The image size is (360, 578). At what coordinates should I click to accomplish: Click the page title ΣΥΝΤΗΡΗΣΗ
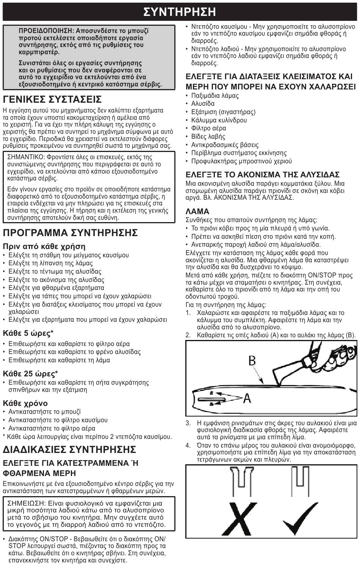[x=180, y=11]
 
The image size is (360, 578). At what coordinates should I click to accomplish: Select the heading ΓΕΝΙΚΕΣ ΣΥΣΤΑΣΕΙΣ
[x=52, y=99]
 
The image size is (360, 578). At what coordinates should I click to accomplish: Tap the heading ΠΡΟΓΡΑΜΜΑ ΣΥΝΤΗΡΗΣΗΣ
[x=70, y=232]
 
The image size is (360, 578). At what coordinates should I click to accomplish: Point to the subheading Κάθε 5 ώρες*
[x=28, y=333]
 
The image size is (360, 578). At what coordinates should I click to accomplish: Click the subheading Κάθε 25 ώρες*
[x=30, y=374]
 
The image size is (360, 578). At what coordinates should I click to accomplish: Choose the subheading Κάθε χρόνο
[x=25, y=403]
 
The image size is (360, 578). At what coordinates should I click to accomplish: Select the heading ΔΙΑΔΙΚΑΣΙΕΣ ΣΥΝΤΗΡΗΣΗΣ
[x=69, y=450]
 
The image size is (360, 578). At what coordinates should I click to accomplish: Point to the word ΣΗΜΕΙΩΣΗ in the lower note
[x=25, y=503]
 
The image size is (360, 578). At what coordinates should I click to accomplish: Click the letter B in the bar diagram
[x=252, y=360]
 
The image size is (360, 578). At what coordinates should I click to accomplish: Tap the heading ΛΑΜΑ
[x=197, y=211]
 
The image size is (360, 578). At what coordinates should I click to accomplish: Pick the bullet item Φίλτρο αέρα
[x=208, y=128]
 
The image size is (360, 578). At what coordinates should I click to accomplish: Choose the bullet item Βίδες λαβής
[x=208, y=136]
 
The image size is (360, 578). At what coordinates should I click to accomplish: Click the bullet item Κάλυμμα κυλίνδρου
[x=219, y=120]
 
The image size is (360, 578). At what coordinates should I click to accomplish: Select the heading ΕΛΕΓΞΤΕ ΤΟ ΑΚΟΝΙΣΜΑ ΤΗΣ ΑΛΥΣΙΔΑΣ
[x=262, y=175]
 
